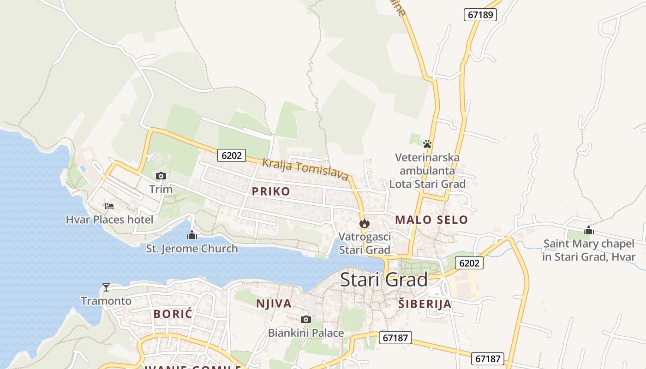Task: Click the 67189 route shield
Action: pos(480,15)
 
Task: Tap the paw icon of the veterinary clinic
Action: pos(427,144)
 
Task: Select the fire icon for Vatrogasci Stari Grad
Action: pos(365,224)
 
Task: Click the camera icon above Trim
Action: pos(161,176)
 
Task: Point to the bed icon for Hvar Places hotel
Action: pos(109,206)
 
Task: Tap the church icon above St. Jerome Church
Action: pos(191,235)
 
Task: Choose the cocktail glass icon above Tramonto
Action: pos(106,287)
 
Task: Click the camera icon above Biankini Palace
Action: pos(305,319)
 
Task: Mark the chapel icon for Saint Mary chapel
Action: pos(588,230)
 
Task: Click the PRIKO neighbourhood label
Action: pos(271,191)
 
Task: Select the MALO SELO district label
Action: pos(431,220)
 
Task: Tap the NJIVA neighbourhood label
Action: pos(274,304)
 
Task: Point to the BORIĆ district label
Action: pos(173,314)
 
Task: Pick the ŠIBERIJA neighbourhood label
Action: pos(425,304)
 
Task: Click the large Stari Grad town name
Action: pos(384,280)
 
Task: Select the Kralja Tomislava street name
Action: pos(305,169)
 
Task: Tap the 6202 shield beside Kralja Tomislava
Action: pos(232,155)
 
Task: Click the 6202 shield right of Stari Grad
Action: pos(470,263)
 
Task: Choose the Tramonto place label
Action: pos(106,301)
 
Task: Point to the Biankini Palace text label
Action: pos(306,333)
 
